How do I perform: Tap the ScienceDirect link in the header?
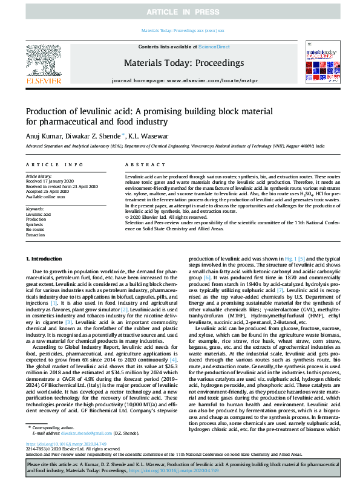click(214, 47)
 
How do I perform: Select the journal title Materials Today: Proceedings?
click(183, 63)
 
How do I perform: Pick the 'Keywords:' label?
click(35, 209)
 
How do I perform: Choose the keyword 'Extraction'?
click(36, 235)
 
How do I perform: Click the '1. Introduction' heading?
click(45, 259)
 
